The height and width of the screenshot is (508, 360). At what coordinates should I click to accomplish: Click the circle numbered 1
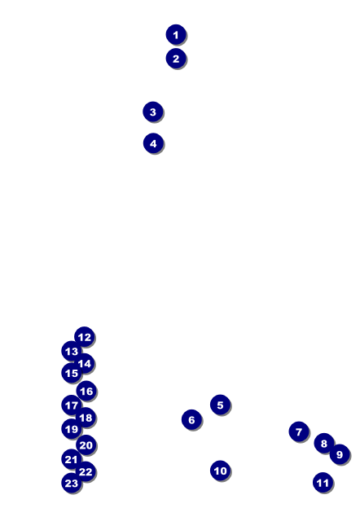point(176,34)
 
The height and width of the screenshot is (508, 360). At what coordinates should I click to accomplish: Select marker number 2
point(176,59)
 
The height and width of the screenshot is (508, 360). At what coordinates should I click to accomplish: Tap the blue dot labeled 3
point(153,112)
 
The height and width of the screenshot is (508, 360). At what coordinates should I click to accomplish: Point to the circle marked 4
point(153,143)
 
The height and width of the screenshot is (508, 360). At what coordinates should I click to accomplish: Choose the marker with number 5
point(220,405)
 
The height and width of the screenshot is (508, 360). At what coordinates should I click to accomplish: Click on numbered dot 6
point(191,419)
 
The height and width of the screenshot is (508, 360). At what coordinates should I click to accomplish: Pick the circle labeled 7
point(299,431)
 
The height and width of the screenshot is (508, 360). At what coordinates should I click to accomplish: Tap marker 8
point(323,443)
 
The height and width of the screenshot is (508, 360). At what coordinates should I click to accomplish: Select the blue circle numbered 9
point(340,454)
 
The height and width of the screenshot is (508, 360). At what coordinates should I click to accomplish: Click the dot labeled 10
point(220,471)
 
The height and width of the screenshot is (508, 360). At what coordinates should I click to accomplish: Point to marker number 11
point(323,483)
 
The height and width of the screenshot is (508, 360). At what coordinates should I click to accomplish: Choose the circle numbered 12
point(84,337)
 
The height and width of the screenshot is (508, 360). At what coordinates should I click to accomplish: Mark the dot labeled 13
point(72,351)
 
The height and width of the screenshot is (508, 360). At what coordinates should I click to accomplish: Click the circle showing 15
point(72,373)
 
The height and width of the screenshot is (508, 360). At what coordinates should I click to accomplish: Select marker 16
point(86,391)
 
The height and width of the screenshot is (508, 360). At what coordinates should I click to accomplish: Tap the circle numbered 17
point(72,405)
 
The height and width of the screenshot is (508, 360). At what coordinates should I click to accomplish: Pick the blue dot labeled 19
point(72,429)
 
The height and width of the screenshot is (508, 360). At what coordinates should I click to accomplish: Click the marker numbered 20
point(86,445)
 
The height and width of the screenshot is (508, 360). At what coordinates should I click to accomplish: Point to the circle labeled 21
point(72,459)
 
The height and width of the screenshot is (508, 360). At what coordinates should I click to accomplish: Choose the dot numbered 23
point(72,483)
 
